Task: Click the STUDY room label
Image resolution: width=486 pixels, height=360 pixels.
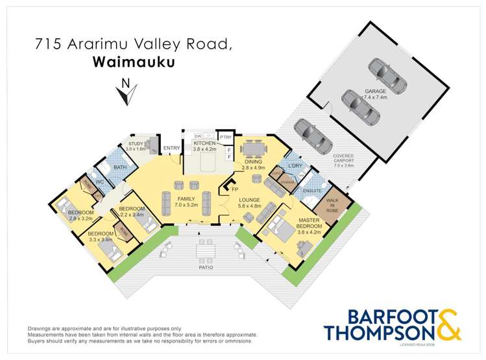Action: pos(136,143)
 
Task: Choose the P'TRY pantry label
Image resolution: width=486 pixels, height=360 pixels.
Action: pos(225,137)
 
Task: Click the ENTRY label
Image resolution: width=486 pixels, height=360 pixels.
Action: pos(171,149)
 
